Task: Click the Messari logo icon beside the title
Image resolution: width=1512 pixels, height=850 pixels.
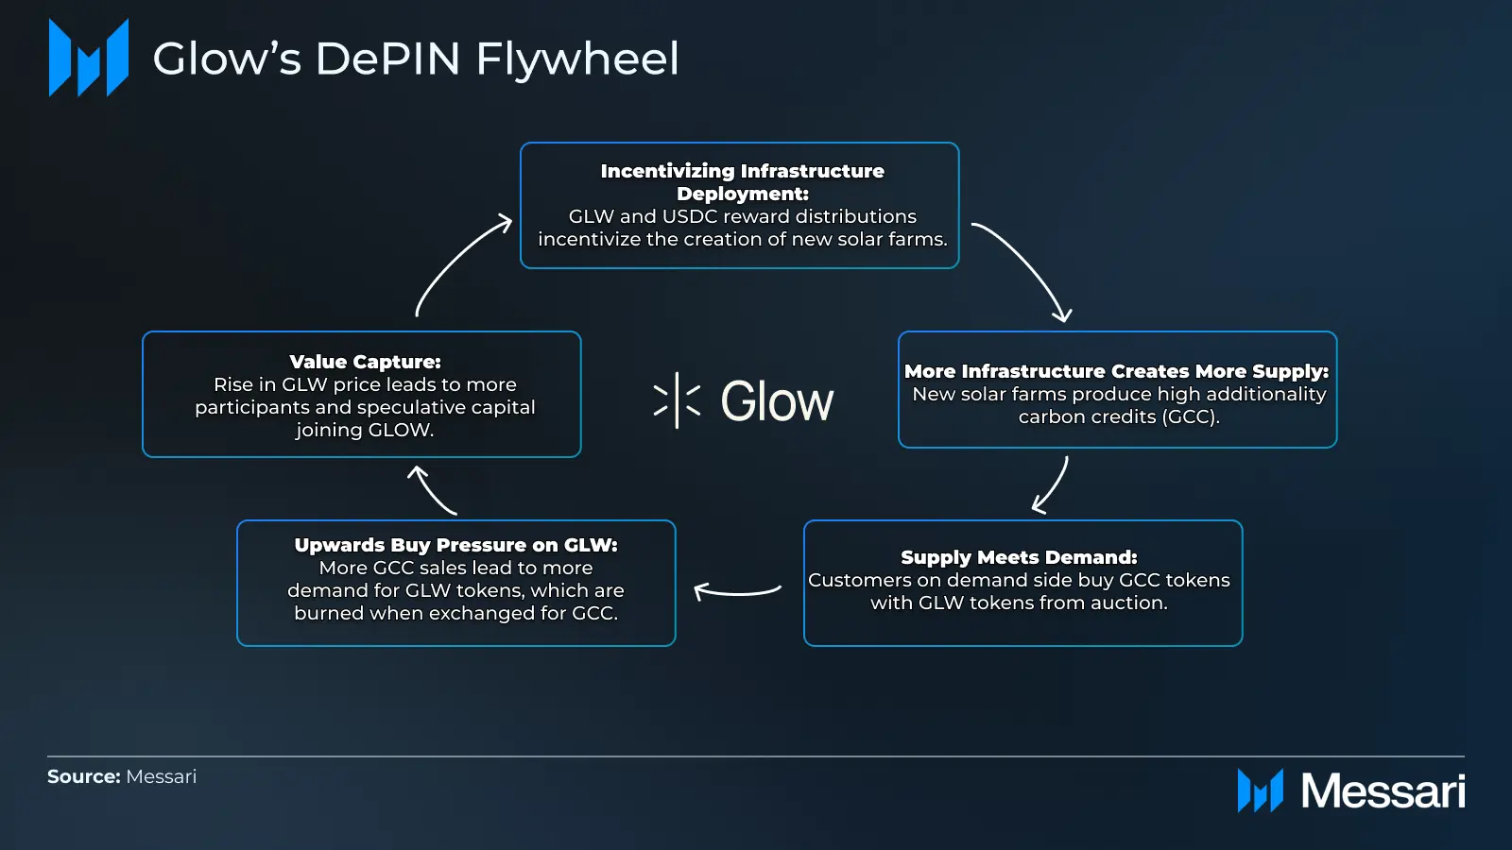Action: (89, 58)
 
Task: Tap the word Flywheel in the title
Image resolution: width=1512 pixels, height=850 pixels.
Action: (576, 59)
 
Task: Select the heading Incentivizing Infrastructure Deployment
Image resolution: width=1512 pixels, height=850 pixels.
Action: (742, 181)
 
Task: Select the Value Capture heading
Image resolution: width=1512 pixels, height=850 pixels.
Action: (365, 362)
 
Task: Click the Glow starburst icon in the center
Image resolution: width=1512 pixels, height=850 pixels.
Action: (677, 400)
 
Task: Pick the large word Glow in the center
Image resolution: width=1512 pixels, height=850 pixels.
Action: (777, 401)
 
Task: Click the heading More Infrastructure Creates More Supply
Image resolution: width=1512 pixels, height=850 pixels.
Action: (1116, 371)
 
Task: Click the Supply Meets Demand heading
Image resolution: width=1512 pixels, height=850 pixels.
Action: (1019, 557)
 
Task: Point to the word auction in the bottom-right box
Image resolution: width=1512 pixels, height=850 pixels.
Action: (1130, 603)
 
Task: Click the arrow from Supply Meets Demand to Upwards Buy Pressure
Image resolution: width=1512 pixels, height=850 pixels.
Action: (737, 592)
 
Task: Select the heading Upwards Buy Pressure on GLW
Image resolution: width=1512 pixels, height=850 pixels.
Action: (455, 545)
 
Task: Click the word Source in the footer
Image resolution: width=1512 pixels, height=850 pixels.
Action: (83, 776)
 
